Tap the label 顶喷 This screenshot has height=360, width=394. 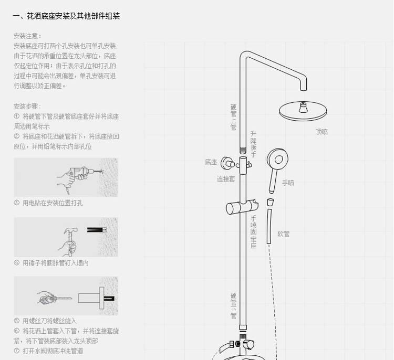coord(322,132)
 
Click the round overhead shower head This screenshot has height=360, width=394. coord(302,110)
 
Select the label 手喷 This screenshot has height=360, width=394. coord(288,183)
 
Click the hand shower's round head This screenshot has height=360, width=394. coord(277,160)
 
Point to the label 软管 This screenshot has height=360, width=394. coord(283,234)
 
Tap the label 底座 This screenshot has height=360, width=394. coord(211,162)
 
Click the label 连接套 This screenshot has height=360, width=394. coord(226,179)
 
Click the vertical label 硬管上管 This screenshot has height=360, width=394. coord(233,117)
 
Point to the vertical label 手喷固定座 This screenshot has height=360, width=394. coord(253,232)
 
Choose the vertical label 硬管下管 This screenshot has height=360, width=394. coord(233,305)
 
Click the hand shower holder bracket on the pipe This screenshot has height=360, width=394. coord(243,206)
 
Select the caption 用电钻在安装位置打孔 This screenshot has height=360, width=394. coord(52,203)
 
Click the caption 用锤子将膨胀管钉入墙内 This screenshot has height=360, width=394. coord(55,263)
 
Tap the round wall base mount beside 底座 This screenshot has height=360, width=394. coord(227,163)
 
